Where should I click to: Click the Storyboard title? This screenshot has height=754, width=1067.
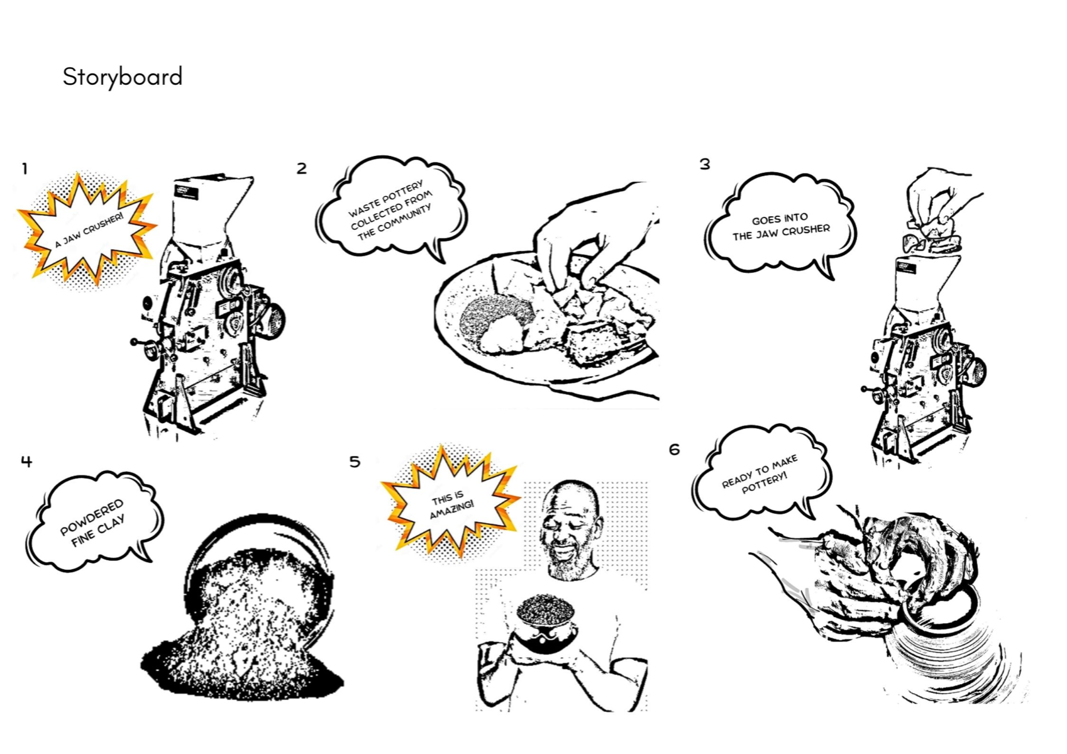pyautogui.click(x=123, y=77)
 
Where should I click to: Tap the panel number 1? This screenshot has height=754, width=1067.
pyautogui.click(x=25, y=169)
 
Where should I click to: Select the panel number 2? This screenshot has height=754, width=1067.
pyautogui.click(x=302, y=168)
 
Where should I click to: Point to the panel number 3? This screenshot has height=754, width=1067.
pyautogui.click(x=705, y=164)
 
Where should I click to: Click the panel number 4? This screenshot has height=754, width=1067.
pyautogui.click(x=26, y=461)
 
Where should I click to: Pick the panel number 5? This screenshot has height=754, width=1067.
pyautogui.click(x=355, y=462)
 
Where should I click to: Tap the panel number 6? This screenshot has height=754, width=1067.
pyautogui.click(x=675, y=449)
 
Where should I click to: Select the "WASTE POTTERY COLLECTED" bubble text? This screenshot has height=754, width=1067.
pyautogui.click(x=390, y=210)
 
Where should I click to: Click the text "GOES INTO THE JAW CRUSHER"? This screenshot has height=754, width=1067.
pyautogui.click(x=781, y=226)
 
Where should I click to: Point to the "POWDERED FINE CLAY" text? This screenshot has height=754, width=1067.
pyautogui.click(x=93, y=523)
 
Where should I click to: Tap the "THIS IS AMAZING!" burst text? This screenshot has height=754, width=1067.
pyautogui.click(x=451, y=504)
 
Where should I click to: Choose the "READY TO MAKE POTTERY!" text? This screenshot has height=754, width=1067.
pyautogui.click(x=760, y=475)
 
